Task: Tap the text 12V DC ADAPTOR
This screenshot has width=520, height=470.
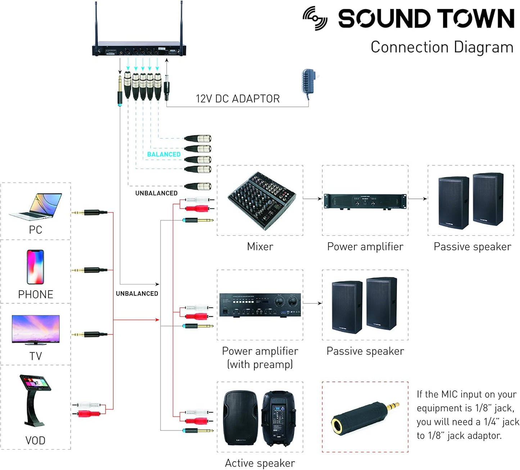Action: click(x=238, y=99)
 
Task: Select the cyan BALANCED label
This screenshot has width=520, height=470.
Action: click(x=164, y=154)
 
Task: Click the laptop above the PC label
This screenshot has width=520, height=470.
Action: click(x=36, y=207)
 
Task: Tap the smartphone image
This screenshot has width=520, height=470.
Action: click(x=35, y=267)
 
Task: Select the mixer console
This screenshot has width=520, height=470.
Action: click(x=262, y=200)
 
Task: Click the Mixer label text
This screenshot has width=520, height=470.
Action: click(x=260, y=247)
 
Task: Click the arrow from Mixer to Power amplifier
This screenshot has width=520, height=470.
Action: click(x=312, y=198)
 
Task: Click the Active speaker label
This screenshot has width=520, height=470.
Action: click(x=260, y=463)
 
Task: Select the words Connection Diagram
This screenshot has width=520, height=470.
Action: click(x=442, y=47)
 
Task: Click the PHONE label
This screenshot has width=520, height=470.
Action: click(x=36, y=294)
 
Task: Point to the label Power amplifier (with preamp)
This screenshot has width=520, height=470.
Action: click(x=260, y=357)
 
